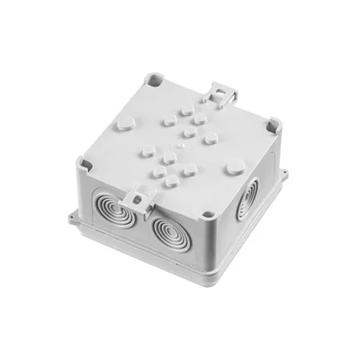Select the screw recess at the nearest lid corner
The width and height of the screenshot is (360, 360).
208,214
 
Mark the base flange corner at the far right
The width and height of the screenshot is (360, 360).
286,176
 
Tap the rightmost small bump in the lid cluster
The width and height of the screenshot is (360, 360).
210,139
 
